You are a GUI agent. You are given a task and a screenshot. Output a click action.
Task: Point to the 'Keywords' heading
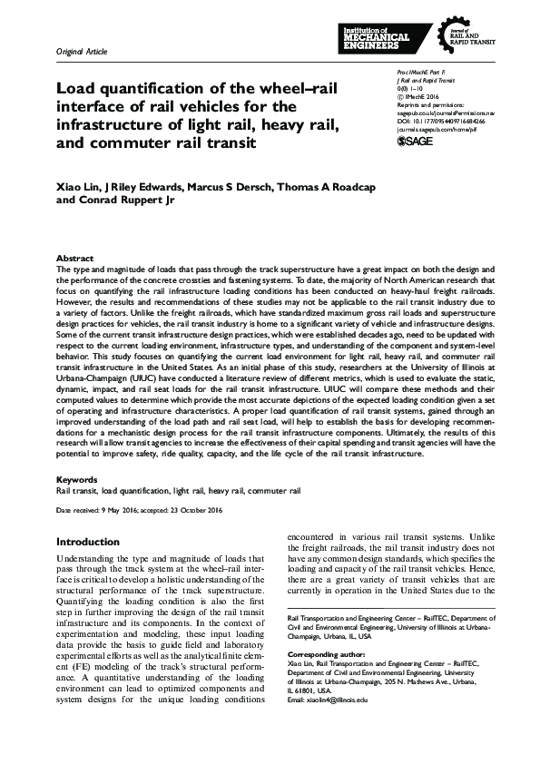[x=77, y=478]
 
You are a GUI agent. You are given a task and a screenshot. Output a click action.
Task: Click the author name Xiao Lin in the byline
[x=79, y=186]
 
